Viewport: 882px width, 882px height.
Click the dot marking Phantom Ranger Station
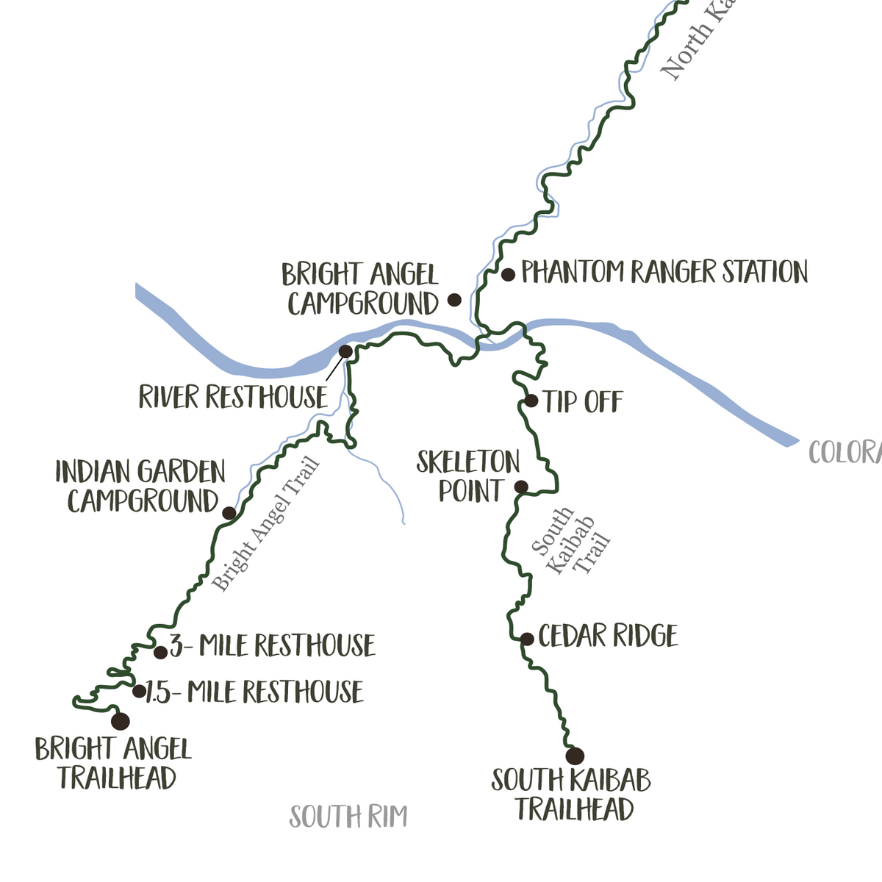[508, 275]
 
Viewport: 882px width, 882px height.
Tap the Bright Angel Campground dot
[455, 300]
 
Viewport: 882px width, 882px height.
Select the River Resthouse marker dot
[345, 352]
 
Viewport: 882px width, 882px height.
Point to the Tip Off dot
[531, 401]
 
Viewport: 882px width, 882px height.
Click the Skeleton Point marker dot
[520, 487]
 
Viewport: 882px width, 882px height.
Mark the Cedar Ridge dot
[527, 639]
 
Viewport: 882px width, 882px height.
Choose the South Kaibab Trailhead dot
[575, 756]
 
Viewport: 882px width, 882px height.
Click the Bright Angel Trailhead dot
[120, 721]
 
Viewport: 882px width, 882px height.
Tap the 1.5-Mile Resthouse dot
[138, 691]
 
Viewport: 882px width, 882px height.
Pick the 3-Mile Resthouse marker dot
[160, 652]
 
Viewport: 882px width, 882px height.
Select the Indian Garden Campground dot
[229, 512]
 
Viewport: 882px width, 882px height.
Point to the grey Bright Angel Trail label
[266, 524]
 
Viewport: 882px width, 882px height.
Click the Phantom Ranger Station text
[664, 272]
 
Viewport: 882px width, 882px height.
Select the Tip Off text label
[583, 402]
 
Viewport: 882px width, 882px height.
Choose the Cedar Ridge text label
[608, 637]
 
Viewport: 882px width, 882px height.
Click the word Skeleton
[468, 462]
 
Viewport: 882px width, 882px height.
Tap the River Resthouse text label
[233, 398]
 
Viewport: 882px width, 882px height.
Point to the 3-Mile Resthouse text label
[273, 646]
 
